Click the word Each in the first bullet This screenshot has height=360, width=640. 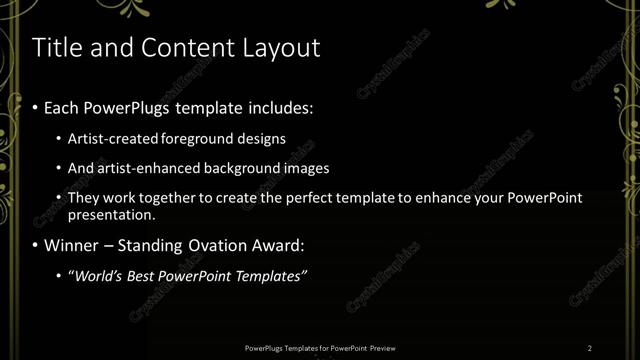tap(63, 107)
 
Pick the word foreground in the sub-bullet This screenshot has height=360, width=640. tap(194, 139)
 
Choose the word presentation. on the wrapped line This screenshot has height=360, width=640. tap(112, 214)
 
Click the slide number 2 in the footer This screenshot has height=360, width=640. tap(590, 348)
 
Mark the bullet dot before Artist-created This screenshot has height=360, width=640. tap(59, 140)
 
